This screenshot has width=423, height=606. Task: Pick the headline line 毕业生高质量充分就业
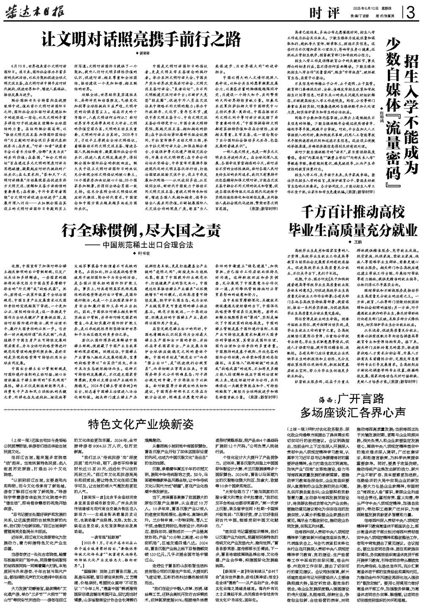350,231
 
